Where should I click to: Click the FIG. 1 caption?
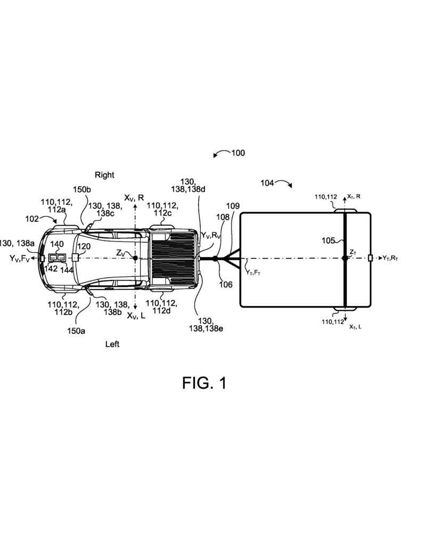(x=204, y=383)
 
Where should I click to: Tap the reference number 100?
(x=238, y=153)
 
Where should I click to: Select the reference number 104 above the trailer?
(x=267, y=183)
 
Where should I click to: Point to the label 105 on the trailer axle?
(x=328, y=240)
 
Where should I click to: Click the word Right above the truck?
(x=104, y=175)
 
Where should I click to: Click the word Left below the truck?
(x=112, y=344)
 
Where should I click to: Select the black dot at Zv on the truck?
(x=135, y=258)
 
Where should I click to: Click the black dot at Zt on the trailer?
(x=345, y=258)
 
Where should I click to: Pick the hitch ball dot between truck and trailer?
(x=215, y=259)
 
